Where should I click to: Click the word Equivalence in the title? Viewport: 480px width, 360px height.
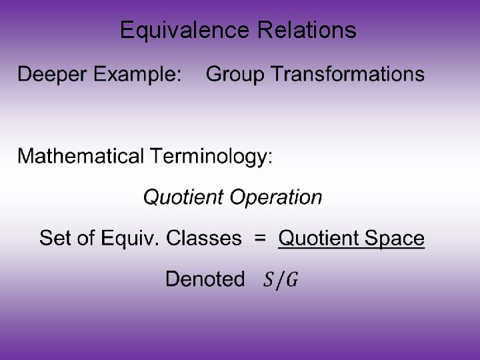pos(177,30)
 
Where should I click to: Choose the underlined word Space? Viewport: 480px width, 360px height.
pos(393,238)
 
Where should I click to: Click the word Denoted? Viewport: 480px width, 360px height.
pos(205,279)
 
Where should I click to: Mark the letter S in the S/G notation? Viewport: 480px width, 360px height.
pos(268,280)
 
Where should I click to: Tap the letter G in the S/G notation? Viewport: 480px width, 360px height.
pos(291,280)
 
